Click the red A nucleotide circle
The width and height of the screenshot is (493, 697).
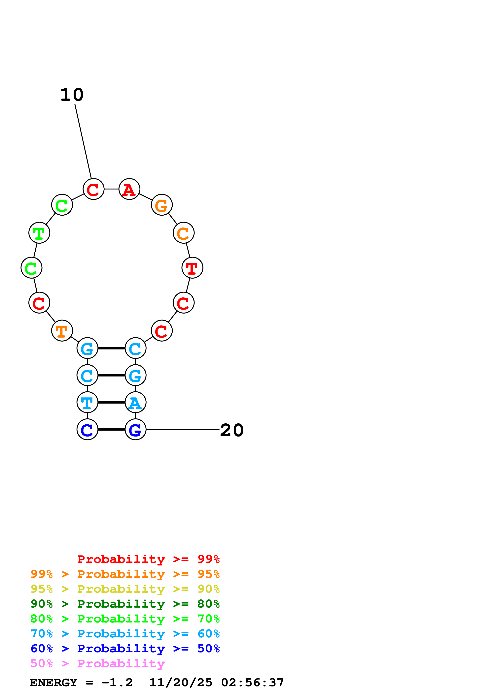pyautogui.click(x=129, y=189)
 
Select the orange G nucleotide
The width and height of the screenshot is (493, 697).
pyautogui.click(x=162, y=205)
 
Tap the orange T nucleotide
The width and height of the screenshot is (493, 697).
pyautogui.click(x=62, y=331)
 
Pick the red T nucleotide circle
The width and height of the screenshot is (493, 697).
pyautogui.click(x=192, y=268)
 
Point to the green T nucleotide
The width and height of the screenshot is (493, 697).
pyautogui.click(x=39, y=233)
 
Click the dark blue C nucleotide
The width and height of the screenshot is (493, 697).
pyautogui.click(x=88, y=429)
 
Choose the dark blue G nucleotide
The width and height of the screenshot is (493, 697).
pyautogui.click(x=135, y=429)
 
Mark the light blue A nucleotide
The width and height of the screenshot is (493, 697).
pyautogui.click(x=135, y=402)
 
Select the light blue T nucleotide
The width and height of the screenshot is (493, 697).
pyautogui.click(x=88, y=402)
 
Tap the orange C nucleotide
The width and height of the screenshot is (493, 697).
pyautogui.click(x=184, y=233)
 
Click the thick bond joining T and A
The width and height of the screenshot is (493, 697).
pyautogui.click(x=112, y=402)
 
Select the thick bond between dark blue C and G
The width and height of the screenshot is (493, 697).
pyautogui.click(x=112, y=429)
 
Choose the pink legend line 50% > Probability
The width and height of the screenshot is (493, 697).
pyautogui.click(x=97, y=664)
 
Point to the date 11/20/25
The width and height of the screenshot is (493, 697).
pyautogui.click(x=181, y=683)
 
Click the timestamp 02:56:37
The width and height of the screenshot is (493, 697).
pyautogui.click(x=252, y=683)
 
